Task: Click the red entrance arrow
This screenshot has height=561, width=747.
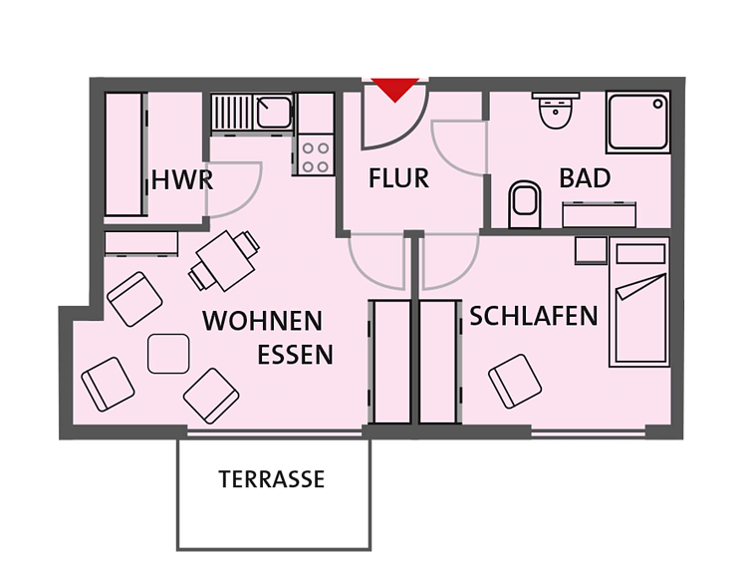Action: [395, 89]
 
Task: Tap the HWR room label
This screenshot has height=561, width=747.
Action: [182, 180]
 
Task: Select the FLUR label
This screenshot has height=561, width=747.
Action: [398, 178]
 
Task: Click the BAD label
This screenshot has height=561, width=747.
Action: [585, 178]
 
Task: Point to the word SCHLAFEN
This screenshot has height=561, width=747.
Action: [534, 316]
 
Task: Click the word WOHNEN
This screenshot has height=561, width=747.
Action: [263, 321]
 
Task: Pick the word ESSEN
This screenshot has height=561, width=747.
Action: [296, 355]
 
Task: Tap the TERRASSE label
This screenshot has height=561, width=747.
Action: [272, 479]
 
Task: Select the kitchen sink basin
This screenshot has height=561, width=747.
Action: [274, 113]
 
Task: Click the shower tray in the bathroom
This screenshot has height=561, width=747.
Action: [638, 122]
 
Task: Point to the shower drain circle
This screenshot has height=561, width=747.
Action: [658, 104]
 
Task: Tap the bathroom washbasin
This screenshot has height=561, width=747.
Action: [556, 111]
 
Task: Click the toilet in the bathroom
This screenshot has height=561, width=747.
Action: [525, 204]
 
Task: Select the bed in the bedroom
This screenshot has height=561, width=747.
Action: [639, 303]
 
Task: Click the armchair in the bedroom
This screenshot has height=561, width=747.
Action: [515, 381]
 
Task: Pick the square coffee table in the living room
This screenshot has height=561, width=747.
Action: [168, 354]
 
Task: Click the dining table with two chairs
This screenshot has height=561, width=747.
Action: [224, 261]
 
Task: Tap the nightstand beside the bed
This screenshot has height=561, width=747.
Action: [591, 250]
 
